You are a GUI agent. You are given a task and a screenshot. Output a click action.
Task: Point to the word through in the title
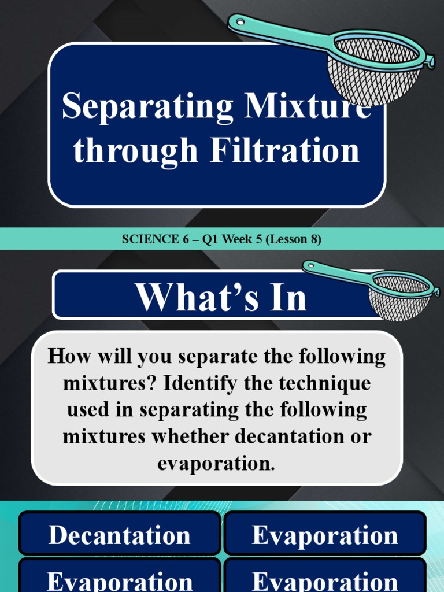(135, 151)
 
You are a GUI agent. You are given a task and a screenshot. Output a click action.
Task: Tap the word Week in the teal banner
(238, 239)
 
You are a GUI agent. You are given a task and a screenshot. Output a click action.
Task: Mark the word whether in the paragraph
(190, 436)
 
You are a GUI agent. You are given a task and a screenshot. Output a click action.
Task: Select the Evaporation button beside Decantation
(325, 535)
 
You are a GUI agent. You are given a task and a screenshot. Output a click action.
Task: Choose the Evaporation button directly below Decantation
(120, 580)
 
